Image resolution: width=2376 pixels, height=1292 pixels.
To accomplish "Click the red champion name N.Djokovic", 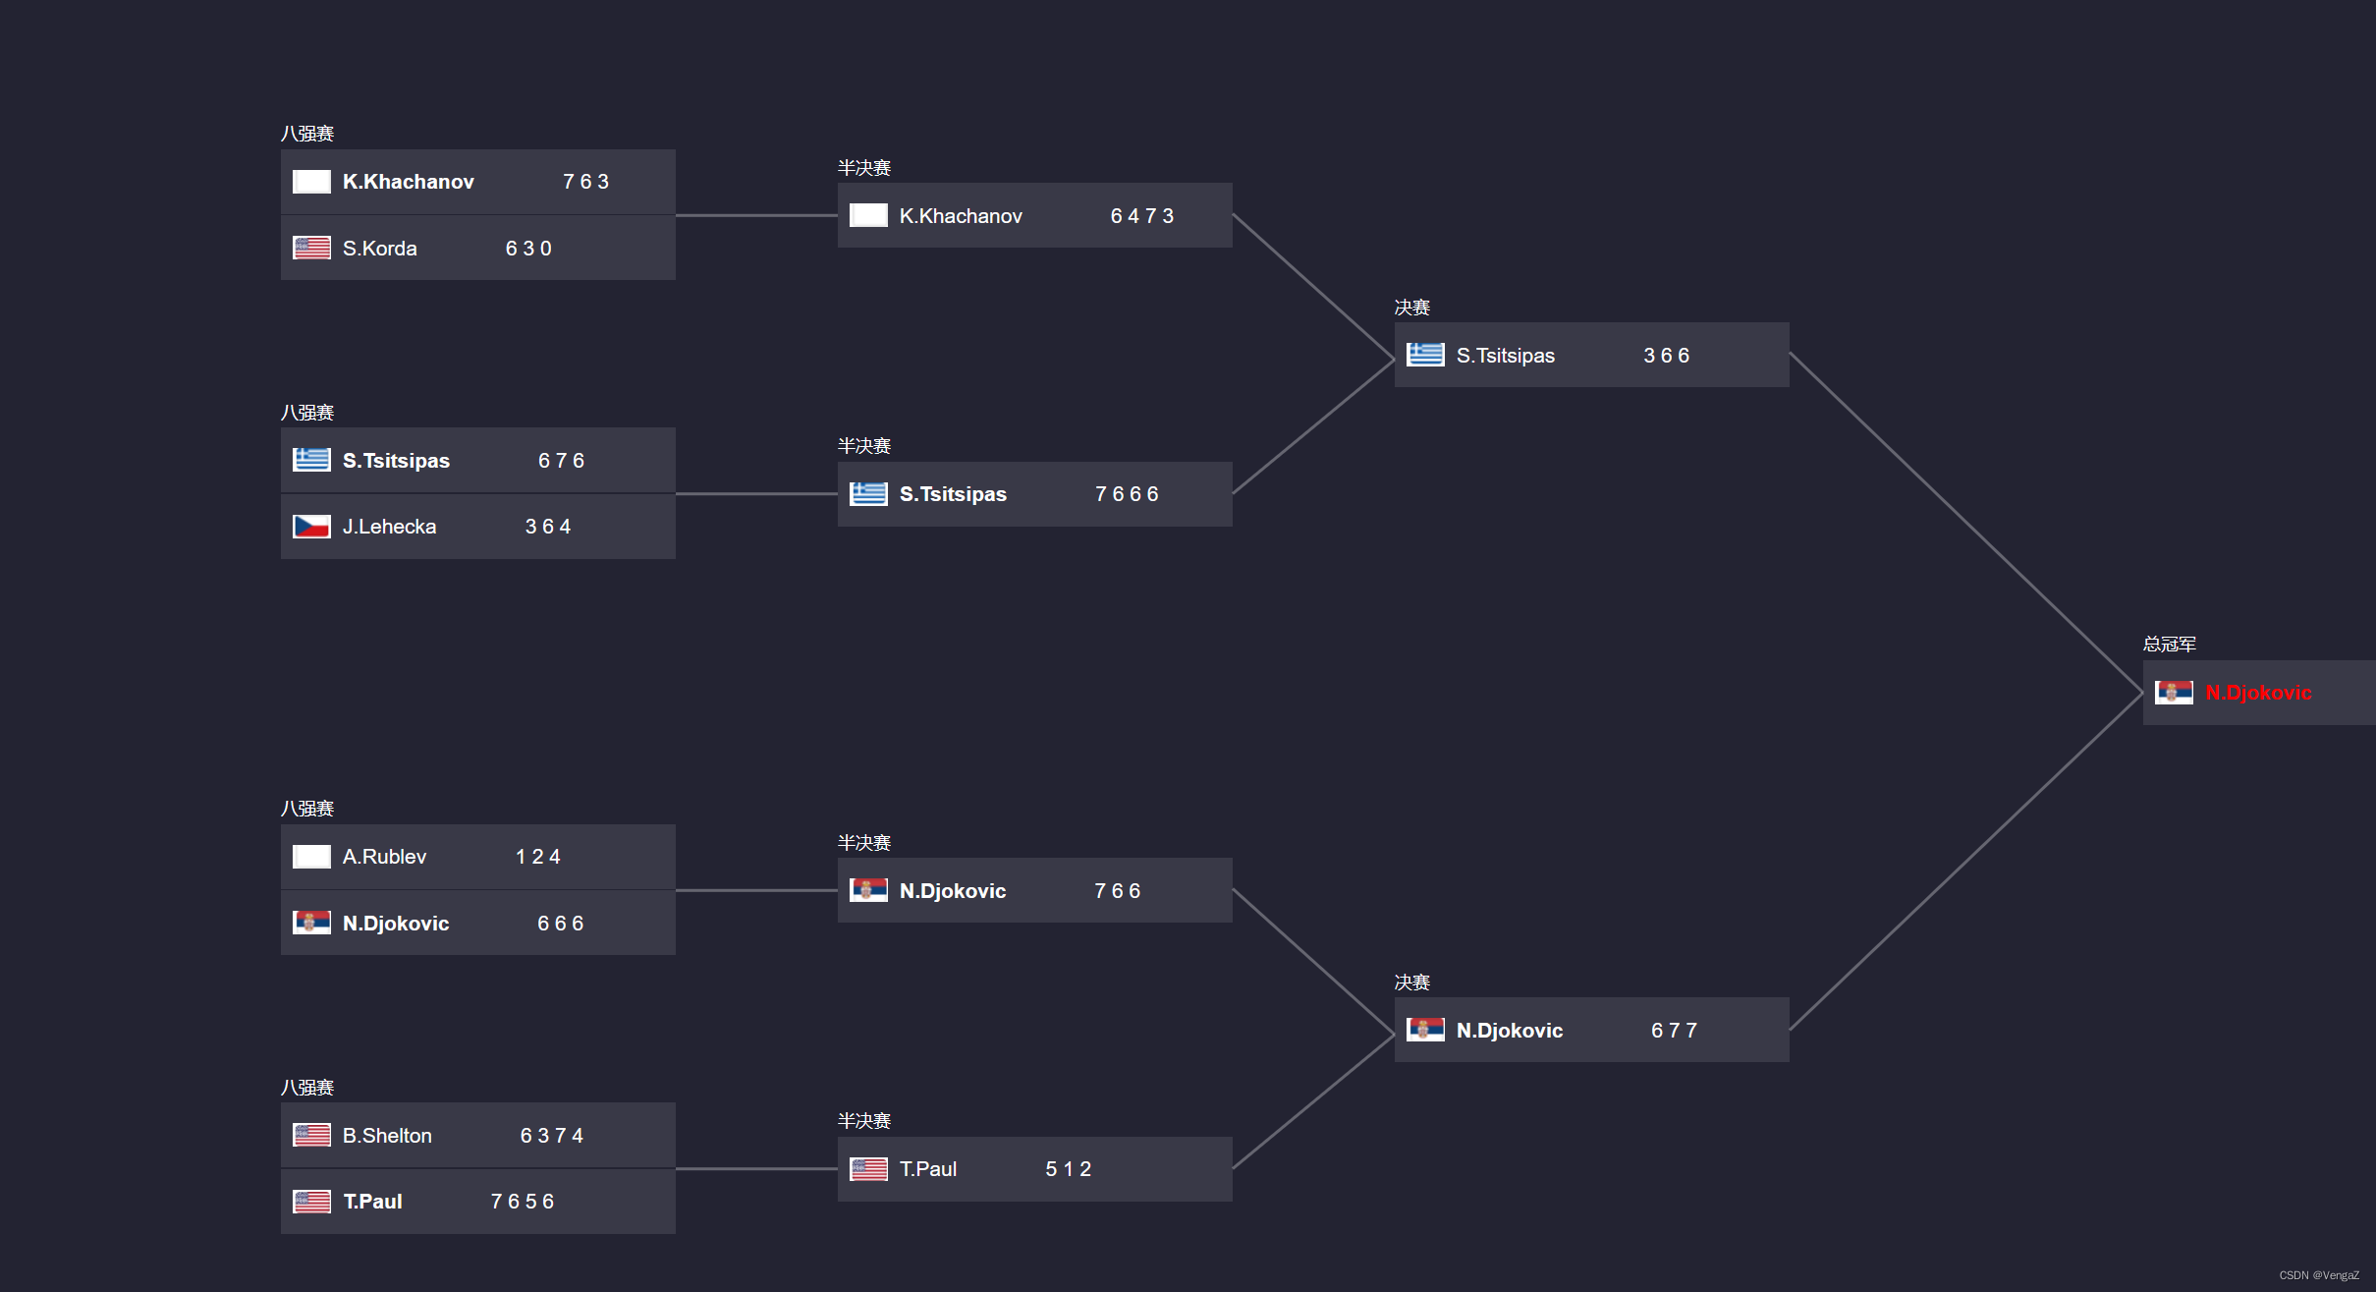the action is [2258, 693].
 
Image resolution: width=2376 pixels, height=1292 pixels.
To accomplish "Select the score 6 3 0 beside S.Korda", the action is [528, 249].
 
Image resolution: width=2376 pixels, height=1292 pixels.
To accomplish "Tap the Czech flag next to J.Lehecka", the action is [311, 527].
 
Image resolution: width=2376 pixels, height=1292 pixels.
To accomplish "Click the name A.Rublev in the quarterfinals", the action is [384, 857].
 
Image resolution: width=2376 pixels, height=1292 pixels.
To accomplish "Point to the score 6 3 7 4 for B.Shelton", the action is [551, 1136].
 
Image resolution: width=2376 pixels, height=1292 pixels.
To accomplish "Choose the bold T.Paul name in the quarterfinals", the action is [372, 1202].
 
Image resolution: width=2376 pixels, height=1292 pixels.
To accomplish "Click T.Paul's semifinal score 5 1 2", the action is [1068, 1169].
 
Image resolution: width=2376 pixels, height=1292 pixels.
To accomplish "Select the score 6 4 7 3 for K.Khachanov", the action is [1141, 216].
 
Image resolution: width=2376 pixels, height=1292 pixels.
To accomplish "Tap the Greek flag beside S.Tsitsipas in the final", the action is [1424, 355].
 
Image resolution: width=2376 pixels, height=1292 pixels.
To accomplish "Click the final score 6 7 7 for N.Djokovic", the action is [1674, 1031].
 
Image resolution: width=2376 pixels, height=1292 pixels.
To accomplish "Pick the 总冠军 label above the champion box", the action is [2169, 645].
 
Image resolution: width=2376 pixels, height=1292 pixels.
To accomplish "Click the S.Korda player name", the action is [379, 249].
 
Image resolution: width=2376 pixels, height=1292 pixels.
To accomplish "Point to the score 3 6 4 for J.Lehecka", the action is [548, 527].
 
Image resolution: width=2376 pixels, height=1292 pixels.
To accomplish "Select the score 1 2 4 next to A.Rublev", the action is [538, 857].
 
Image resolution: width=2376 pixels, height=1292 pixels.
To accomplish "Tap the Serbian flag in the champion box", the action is [2173, 693].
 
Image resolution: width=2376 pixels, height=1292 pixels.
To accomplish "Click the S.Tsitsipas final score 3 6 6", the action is [1666, 356].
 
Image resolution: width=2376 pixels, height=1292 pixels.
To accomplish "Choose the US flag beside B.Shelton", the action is [311, 1136].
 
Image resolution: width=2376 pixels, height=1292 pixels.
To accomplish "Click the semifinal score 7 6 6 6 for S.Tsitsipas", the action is [1127, 494].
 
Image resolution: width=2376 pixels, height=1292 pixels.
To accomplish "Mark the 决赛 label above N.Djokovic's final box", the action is [1411, 983].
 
